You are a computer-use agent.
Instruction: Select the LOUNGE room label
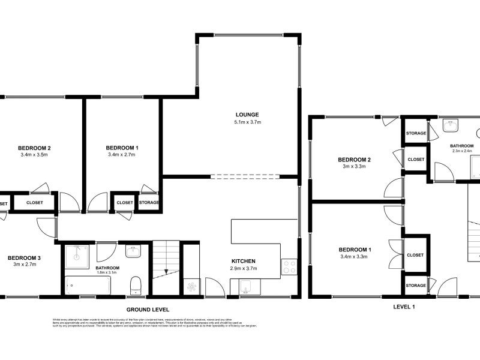[x=247, y=115]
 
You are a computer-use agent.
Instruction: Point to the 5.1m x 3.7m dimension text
[x=247, y=122]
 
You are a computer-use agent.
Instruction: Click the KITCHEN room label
[x=244, y=261]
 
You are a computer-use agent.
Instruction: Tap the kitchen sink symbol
[x=245, y=289]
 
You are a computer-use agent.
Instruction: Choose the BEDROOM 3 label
[x=24, y=258]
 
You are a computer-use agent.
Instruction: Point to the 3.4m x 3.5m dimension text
[x=34, y=155]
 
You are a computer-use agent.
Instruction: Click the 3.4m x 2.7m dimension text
[x=122, y=155]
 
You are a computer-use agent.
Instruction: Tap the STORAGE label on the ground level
[x=149, y=203]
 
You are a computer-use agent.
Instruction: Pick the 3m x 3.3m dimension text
[x=354, y=167]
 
